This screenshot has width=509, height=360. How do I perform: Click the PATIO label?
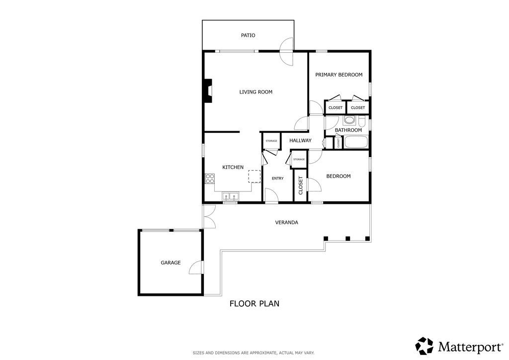point(248,35)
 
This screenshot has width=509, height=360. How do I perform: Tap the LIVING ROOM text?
point(255,92)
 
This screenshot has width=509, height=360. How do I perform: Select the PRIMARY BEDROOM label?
point(339,75)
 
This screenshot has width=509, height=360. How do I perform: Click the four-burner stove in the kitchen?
point(210,179)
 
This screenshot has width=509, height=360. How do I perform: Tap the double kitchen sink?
point(230,197)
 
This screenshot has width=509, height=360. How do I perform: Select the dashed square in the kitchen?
point(254,177)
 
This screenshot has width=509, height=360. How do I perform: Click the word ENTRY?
point(277,179)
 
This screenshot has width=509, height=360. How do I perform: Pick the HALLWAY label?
point(300,141)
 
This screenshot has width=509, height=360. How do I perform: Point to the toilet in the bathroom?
point(349,120)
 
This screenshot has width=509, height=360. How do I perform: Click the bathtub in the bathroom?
point(355,142)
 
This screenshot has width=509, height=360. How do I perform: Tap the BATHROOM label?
point(348,130)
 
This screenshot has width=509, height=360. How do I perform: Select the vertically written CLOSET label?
point(301,185)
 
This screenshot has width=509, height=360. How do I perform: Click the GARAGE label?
point(170,263)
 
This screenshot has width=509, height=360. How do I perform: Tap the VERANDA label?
point(286,222)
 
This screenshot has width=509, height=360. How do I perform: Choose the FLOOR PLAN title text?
point(254,303)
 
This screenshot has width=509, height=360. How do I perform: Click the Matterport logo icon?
point(424,346)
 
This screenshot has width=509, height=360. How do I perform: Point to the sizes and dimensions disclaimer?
point(254,353)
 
